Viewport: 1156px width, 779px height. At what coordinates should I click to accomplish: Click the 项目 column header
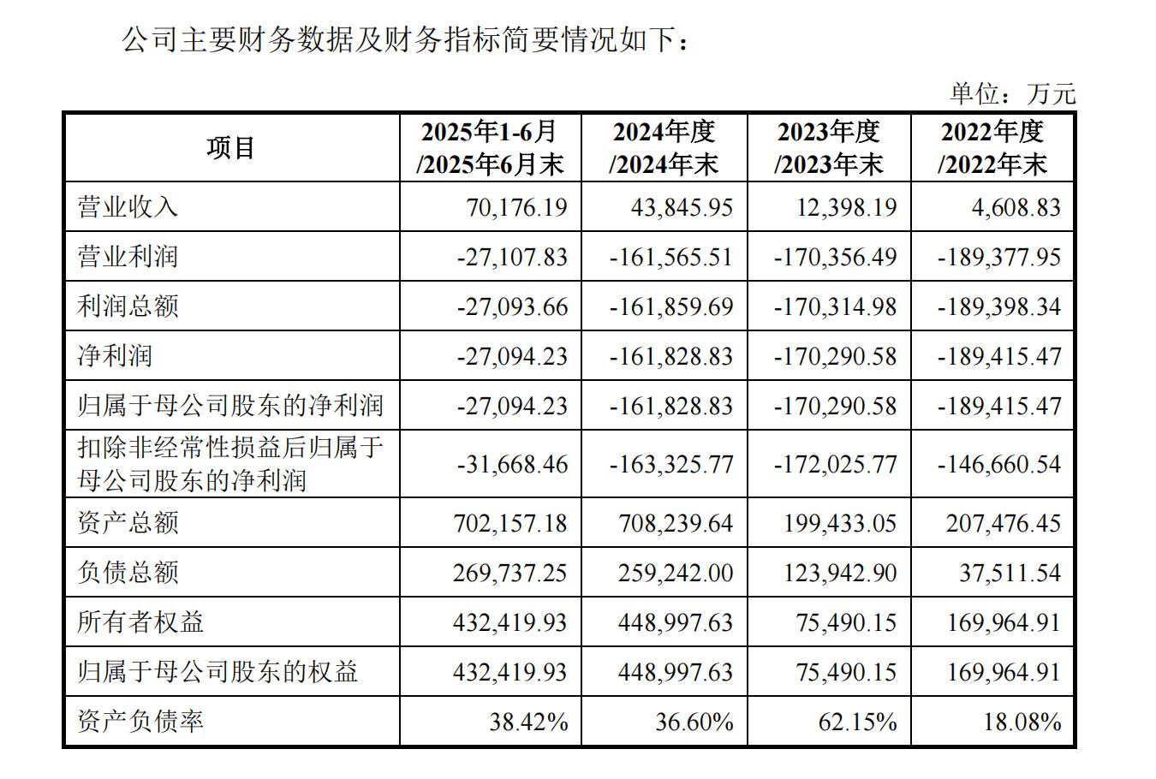[231, 148]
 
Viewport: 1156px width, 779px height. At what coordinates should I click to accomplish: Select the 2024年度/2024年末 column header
[664, 148]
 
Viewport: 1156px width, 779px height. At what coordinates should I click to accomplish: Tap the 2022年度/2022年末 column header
[992, 148]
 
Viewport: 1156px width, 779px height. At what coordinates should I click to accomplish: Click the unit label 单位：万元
[1011, 93]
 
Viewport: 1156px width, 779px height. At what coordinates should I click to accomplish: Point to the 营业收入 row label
[128, 207]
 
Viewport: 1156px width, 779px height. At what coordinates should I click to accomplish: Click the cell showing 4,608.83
[1016, 207]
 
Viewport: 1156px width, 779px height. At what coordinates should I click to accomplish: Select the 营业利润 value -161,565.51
[671, 257]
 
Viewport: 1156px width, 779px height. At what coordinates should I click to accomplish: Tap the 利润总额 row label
[128, 306]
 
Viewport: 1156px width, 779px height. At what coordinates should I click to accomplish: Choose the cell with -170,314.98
[835, 306]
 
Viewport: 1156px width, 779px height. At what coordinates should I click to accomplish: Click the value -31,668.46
[512, 464]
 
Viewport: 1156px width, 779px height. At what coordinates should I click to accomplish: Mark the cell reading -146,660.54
[999, 464]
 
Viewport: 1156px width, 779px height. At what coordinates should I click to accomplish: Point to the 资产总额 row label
[128, 523]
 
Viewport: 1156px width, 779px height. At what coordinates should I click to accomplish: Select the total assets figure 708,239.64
[676, 523]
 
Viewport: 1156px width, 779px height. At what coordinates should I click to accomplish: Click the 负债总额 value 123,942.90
[840, 573]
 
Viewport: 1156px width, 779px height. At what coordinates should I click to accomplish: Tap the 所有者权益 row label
[140, 622]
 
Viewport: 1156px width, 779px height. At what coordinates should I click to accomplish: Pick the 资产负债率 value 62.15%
[858, 722]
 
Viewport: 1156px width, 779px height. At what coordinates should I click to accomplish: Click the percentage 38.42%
[528, 722]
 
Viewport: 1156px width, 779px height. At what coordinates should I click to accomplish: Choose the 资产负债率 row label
[140, 722]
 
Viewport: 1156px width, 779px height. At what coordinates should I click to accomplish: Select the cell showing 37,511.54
[1010, 573]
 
